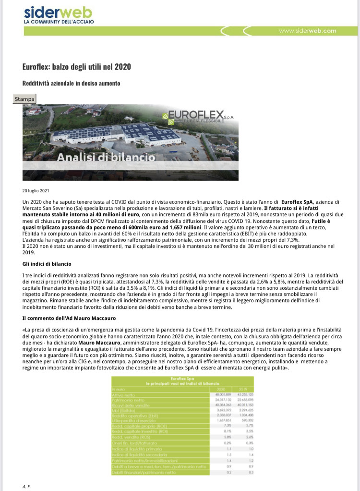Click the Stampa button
click(x=24, y=99)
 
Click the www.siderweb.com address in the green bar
click(x=307, y=31)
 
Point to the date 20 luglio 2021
click(x=36, y=190)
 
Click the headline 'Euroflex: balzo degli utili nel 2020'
click(x=77, y=66)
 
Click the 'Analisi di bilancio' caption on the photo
click(x=106, y=157)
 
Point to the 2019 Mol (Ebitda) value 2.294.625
click(x=244, y=411)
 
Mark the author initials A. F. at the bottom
click(x=26, y=487)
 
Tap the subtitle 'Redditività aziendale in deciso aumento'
click(x=71, y=83)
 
